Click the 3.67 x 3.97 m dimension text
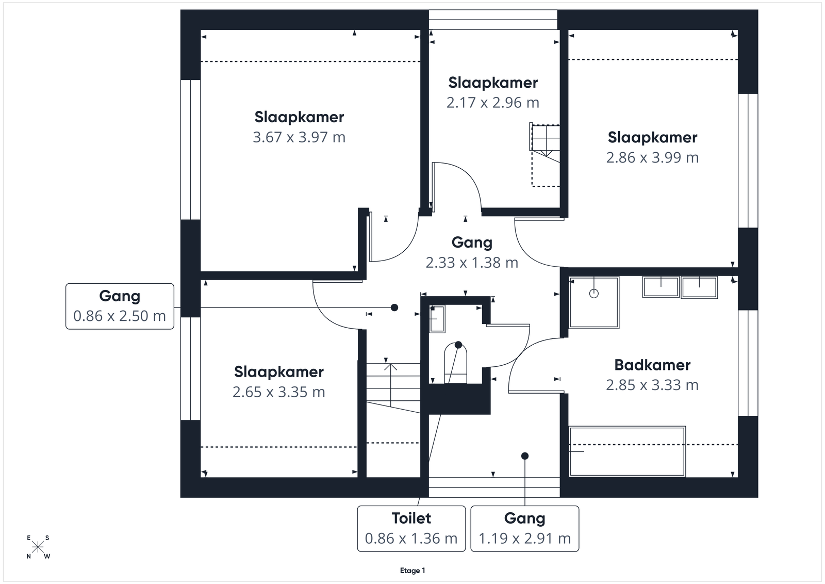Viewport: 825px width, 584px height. pos(299,137)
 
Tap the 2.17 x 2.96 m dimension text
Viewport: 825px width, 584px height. pos(493,103)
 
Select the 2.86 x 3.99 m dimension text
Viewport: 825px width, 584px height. pos(652,157)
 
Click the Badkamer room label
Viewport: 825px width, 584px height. pos(652,365)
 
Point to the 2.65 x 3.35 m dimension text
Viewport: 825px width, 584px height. pos(279,392)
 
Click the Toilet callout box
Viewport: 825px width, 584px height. pos(411,528)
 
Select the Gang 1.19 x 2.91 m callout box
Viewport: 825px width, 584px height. pos(525,528)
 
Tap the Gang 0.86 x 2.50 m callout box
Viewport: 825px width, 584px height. pos(120,306)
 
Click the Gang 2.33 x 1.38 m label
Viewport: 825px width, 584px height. pos(472,252)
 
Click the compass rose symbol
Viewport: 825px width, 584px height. pos(38,547)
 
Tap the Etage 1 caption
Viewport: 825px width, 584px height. pos(412,571)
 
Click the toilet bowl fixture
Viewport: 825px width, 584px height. pos(456,363)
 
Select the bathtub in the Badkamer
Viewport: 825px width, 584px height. pos(627,451)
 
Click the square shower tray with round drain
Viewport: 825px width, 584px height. pos(593,302)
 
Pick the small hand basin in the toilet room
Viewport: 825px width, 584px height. pos(437,319)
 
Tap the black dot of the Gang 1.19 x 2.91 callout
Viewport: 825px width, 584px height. pos(525,456)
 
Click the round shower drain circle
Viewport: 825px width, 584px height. pos(593,294)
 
